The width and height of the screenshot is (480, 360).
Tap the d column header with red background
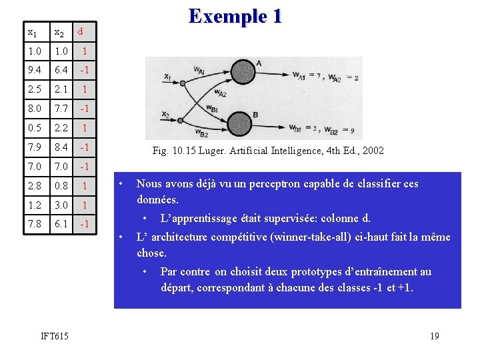[81, 31]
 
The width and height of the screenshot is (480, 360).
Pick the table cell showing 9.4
[35, 69]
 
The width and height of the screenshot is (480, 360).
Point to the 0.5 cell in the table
[35, 127]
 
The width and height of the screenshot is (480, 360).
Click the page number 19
[434, 336]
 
